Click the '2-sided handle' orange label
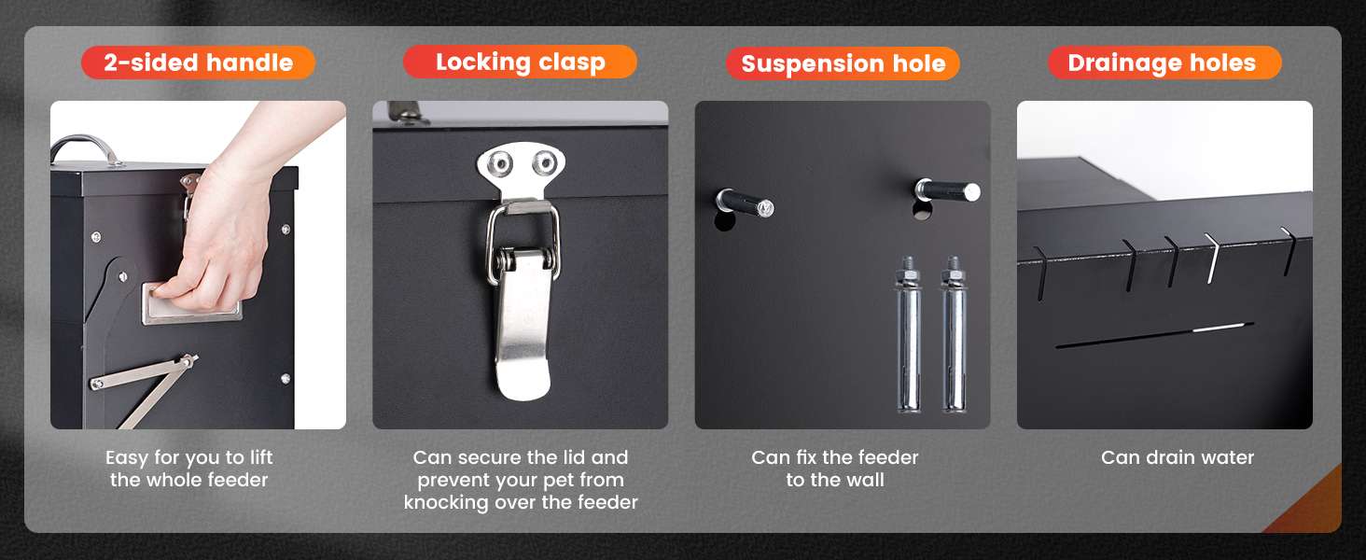198,63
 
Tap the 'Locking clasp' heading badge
520,62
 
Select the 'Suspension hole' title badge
843,63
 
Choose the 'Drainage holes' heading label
1164,63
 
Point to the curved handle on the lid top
85,147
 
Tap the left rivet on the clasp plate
500,163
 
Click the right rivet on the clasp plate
543,163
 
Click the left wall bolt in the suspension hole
745,203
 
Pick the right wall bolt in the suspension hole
947,191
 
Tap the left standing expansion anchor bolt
908,334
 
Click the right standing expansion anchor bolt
954,334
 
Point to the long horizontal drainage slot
1154,335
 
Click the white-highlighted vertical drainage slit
1212,258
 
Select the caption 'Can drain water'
1177,457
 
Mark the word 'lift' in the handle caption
261,457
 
